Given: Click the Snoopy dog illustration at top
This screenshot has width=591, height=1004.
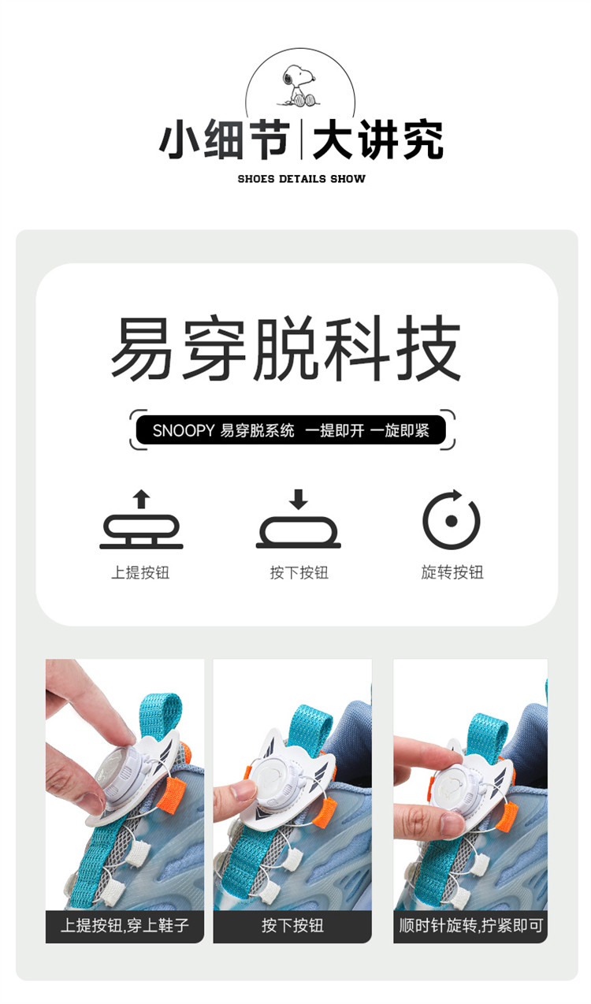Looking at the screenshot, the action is pos(299,86).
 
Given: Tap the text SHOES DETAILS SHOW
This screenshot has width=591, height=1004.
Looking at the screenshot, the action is pos(301,179).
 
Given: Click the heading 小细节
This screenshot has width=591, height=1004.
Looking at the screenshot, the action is pos(224,139).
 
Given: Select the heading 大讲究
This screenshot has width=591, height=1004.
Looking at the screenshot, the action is pos(377,139).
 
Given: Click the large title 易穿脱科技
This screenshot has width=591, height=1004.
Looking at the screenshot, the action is pos(286,348).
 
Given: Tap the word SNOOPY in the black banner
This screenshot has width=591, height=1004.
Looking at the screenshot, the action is pos(184,431).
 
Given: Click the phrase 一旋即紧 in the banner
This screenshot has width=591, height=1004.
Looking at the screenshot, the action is pos(400,431).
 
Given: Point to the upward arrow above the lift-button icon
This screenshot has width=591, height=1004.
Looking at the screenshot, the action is pos(141,499).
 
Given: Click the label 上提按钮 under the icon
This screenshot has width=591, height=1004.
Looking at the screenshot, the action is pos(140,572).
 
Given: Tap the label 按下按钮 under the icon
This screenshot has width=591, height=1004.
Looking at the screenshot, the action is pos(299,572).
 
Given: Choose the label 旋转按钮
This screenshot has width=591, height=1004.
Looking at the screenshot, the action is pos(452,572).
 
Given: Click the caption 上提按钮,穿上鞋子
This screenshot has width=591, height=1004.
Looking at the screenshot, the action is pos(125,925).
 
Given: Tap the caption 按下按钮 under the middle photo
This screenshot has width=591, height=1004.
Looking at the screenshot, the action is pos(292,925).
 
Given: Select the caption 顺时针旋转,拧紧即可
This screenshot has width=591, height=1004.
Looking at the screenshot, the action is pos(470,925).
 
